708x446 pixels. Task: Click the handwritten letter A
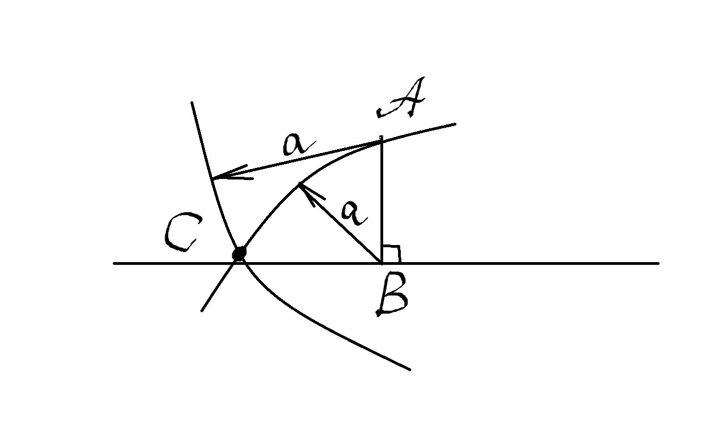click(401, 97)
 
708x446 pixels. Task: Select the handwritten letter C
click(183, 232)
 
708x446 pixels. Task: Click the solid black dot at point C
click(239, 253)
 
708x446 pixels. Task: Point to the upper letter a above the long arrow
click(299, 145)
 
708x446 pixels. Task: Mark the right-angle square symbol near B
click(391, 254)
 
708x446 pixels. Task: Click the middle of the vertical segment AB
click(382, 200)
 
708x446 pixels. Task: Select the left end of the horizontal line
click(114, 263)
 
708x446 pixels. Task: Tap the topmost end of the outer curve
click(192, 102)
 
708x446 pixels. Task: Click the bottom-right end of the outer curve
click(410, 369)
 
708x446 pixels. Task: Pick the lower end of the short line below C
click(202, 311)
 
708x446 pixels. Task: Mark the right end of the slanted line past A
click(455, 124)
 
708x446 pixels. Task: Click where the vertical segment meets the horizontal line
click(382, 263)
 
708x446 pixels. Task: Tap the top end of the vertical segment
click(382, 137)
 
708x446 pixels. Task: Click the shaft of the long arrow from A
click(298, 160)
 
